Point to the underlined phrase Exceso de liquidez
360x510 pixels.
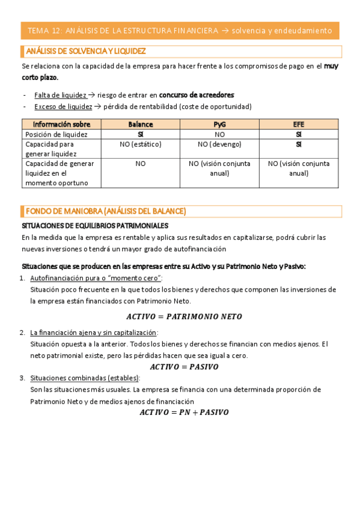pyautogui.click(x=63, y=106)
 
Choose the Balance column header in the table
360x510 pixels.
pyautogui.click(x=141, y=124)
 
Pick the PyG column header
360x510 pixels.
pyautogui.click(x=220, y=124)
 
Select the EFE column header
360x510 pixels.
pyautogui.click(x=299, y=124)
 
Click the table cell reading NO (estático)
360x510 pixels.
pyautogui.click(x=141, y=144)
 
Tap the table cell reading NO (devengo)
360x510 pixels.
pyautogui.click(x=220, y=144)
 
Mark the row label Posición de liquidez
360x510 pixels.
pyautogui.click(x=56, y=134)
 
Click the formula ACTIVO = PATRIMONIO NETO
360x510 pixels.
pyautogui.click(x=184, y=316)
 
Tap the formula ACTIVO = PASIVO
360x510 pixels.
pyautogui.click(x=184, y=366)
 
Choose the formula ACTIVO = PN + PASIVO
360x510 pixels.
pyautogui.click(x=184, y=412)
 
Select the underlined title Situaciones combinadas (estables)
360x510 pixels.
pyautogui.click(x=85, y=378)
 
